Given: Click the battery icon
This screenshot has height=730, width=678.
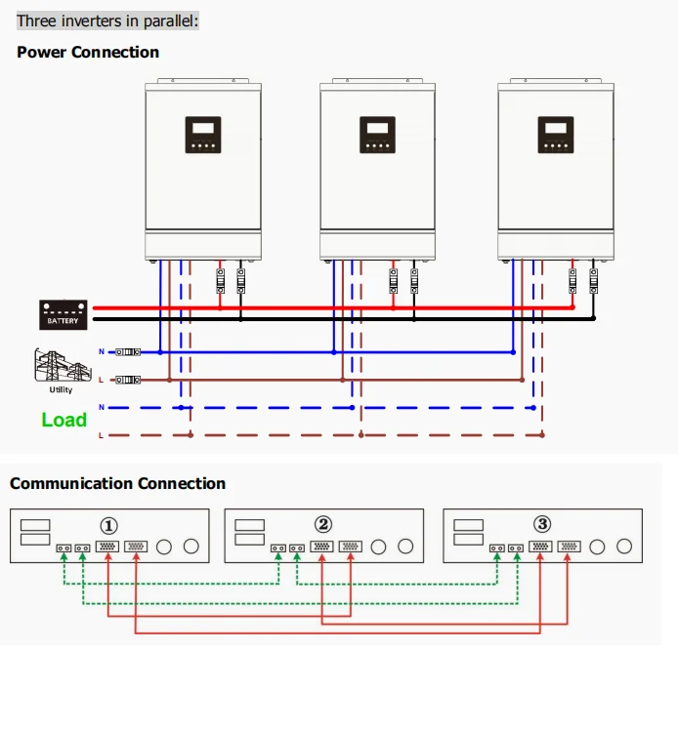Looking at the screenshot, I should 64,313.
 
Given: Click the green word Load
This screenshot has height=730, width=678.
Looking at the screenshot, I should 64,420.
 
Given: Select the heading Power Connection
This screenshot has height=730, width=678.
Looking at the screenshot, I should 88,52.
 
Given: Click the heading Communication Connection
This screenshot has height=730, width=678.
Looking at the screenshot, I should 117,483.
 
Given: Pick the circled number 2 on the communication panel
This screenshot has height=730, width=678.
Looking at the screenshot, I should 322,524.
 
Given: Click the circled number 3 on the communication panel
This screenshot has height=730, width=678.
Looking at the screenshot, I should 542,524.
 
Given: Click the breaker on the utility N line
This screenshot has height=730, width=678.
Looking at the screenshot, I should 127,351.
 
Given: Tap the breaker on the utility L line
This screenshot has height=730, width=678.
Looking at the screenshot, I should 127,380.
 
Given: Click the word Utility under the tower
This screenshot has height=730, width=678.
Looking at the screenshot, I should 61,390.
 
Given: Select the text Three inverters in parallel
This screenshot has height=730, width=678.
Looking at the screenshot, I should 106,20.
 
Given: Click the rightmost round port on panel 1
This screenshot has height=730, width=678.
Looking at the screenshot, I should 191,547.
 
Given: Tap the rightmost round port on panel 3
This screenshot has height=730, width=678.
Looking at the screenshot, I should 626,547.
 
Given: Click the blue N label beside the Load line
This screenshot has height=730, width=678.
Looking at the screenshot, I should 101,407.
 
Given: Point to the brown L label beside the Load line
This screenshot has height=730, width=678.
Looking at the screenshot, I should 101,435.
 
